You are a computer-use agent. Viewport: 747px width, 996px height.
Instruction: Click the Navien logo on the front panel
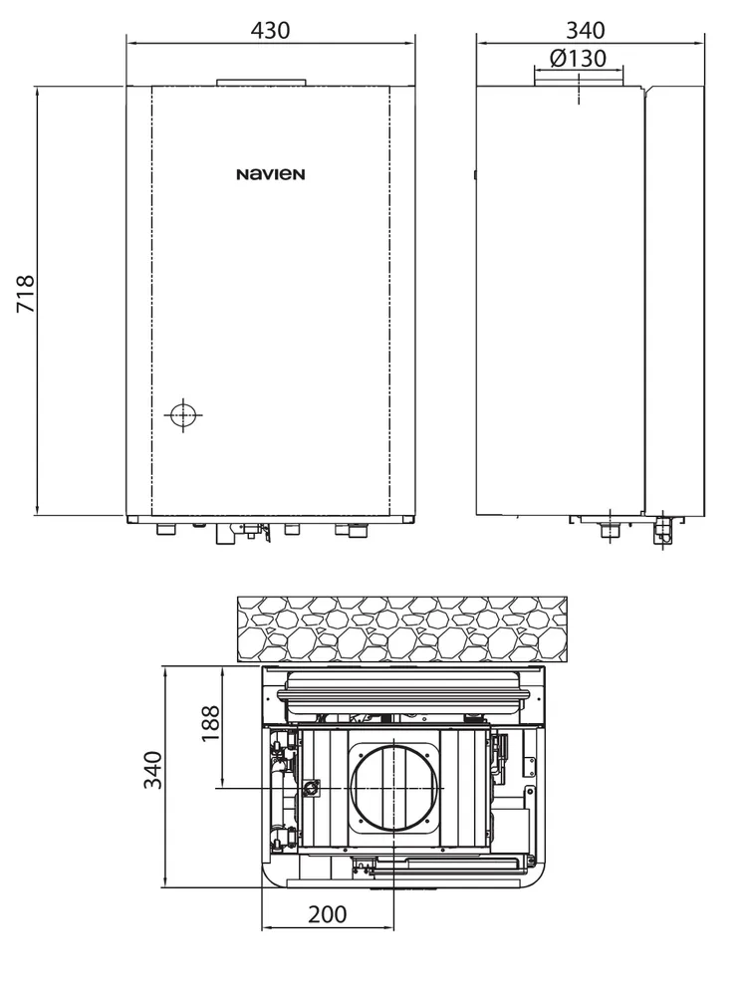(x=271, y=174)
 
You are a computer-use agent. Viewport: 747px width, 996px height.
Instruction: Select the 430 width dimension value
(x=271, y=30)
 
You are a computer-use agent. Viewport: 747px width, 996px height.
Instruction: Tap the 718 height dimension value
(x=26, y=294)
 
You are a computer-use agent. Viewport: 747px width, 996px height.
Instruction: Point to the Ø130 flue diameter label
(x=578, y=59)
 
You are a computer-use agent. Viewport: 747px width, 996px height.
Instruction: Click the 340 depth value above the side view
(x=586, y=30)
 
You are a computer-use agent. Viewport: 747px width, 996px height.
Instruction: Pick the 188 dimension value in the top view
(x=210, y=723)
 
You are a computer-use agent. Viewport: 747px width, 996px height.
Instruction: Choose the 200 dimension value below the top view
(x=328, y=914)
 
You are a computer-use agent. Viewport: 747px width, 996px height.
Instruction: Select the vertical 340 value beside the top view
(x=152, y=770)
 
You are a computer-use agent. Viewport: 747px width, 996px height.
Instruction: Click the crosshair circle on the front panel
(x=183, y=415)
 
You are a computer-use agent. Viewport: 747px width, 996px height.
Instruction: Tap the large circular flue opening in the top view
(x=394, y=788)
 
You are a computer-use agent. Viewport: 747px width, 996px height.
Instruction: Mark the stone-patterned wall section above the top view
(x=402, y=628)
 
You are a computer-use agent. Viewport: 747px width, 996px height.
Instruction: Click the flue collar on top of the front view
(x=262, y=83)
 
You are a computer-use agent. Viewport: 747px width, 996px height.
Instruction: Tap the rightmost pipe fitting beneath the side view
(x=663, y=530)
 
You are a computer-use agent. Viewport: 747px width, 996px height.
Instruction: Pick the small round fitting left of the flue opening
(x=311, y=788)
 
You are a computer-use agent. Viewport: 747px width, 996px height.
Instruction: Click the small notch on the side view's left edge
(x=474, y=174)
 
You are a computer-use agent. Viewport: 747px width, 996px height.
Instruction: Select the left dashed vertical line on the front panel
(x=152, y=301)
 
